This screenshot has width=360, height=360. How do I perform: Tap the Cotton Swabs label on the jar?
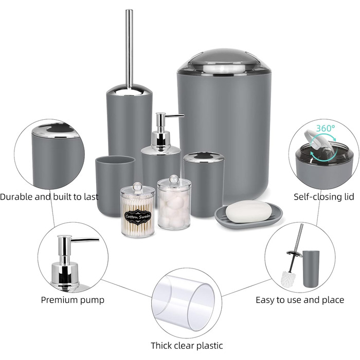click(x=137, y=217)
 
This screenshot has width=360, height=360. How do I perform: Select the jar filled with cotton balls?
click(x=174, y=203)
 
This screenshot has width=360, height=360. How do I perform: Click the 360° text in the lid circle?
click(x=326, y=128)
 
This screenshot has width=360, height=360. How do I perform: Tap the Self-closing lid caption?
click(x=324, y=197)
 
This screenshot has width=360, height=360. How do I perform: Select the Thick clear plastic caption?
click(x=187, y=346)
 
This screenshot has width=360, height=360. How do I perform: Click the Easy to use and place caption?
click(x=300, y=300)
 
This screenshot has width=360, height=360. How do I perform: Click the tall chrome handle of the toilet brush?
click(x=129, y=48)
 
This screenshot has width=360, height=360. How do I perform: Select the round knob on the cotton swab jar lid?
click(x=138, y=186)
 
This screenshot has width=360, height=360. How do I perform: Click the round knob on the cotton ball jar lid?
click(x=174, y=178)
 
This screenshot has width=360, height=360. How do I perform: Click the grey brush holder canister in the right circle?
click(x=311, y=268)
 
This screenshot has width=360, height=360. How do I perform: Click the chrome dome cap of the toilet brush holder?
click(x=129, y=91)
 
